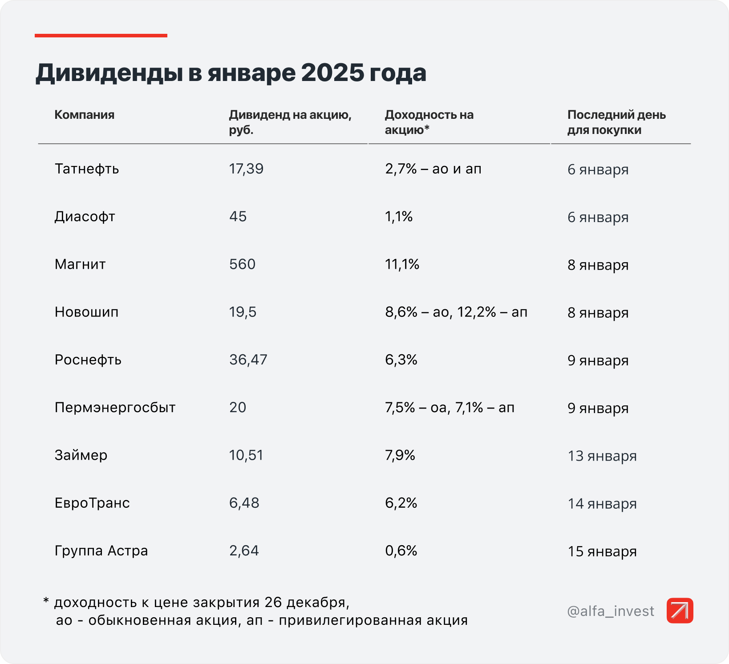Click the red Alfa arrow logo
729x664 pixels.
(680, 611)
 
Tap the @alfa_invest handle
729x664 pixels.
(611, 611)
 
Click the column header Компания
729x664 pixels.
(84, 115)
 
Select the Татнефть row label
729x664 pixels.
(87, 169)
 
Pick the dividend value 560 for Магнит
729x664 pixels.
(242, 264)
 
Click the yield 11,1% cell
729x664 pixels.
(402, 264)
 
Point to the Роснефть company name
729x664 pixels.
(88, 360)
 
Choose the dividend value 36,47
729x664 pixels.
(248, 360)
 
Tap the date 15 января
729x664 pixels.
(602, 551)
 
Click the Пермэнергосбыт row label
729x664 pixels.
(115, 408)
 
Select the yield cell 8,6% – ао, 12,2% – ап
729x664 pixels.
(456, 312)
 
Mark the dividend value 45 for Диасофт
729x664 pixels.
(238, 217)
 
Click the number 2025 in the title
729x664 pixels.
(332, 73)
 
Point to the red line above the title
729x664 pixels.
(101, 36)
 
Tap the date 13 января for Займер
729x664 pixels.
(602, 456)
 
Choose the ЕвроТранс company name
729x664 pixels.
(92, 503)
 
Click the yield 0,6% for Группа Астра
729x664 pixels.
(401, 551)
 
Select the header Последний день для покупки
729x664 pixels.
(616, 122)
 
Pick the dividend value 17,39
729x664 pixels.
(246, 169)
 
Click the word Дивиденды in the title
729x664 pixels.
(109, 73)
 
